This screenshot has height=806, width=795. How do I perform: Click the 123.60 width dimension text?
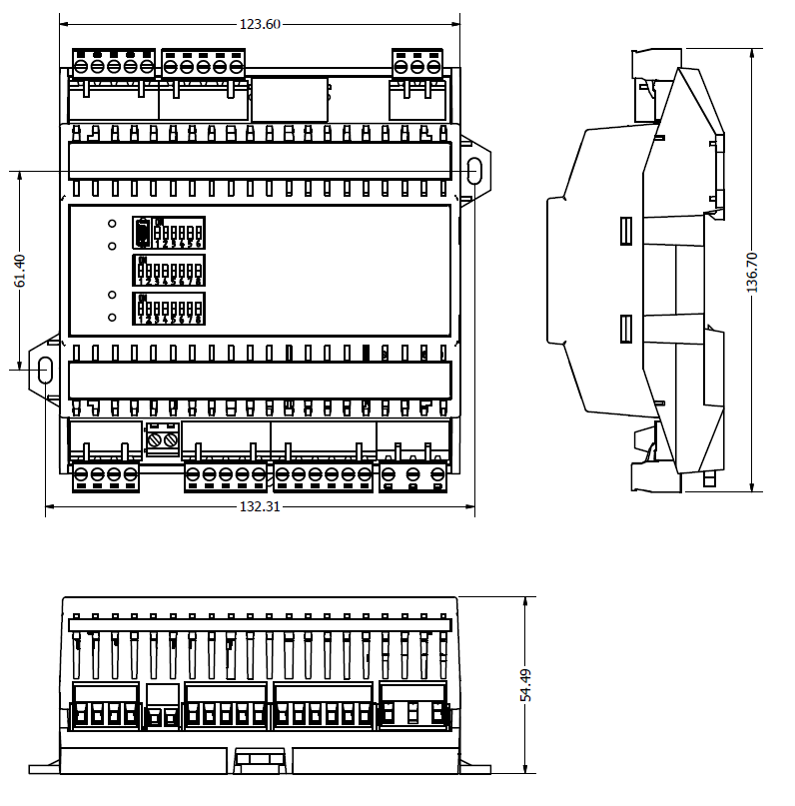(260, 24)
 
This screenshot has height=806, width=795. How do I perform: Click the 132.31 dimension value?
(260, 506)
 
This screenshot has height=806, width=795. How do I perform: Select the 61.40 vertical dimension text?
(19, 271)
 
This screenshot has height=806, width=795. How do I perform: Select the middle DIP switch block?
(170, 271)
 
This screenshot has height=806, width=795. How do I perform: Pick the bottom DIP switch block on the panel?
(170, 309)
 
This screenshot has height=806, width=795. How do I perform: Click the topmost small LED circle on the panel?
(112, 224)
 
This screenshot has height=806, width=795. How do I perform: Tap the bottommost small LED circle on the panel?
(112, 318)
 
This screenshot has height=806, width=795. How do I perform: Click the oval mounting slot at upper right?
(473, 171)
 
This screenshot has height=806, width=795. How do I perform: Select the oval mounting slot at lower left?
(45, 370)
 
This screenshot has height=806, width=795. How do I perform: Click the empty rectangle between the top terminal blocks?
(290, 100)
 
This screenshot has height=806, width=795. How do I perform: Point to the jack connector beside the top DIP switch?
(143, 233)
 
